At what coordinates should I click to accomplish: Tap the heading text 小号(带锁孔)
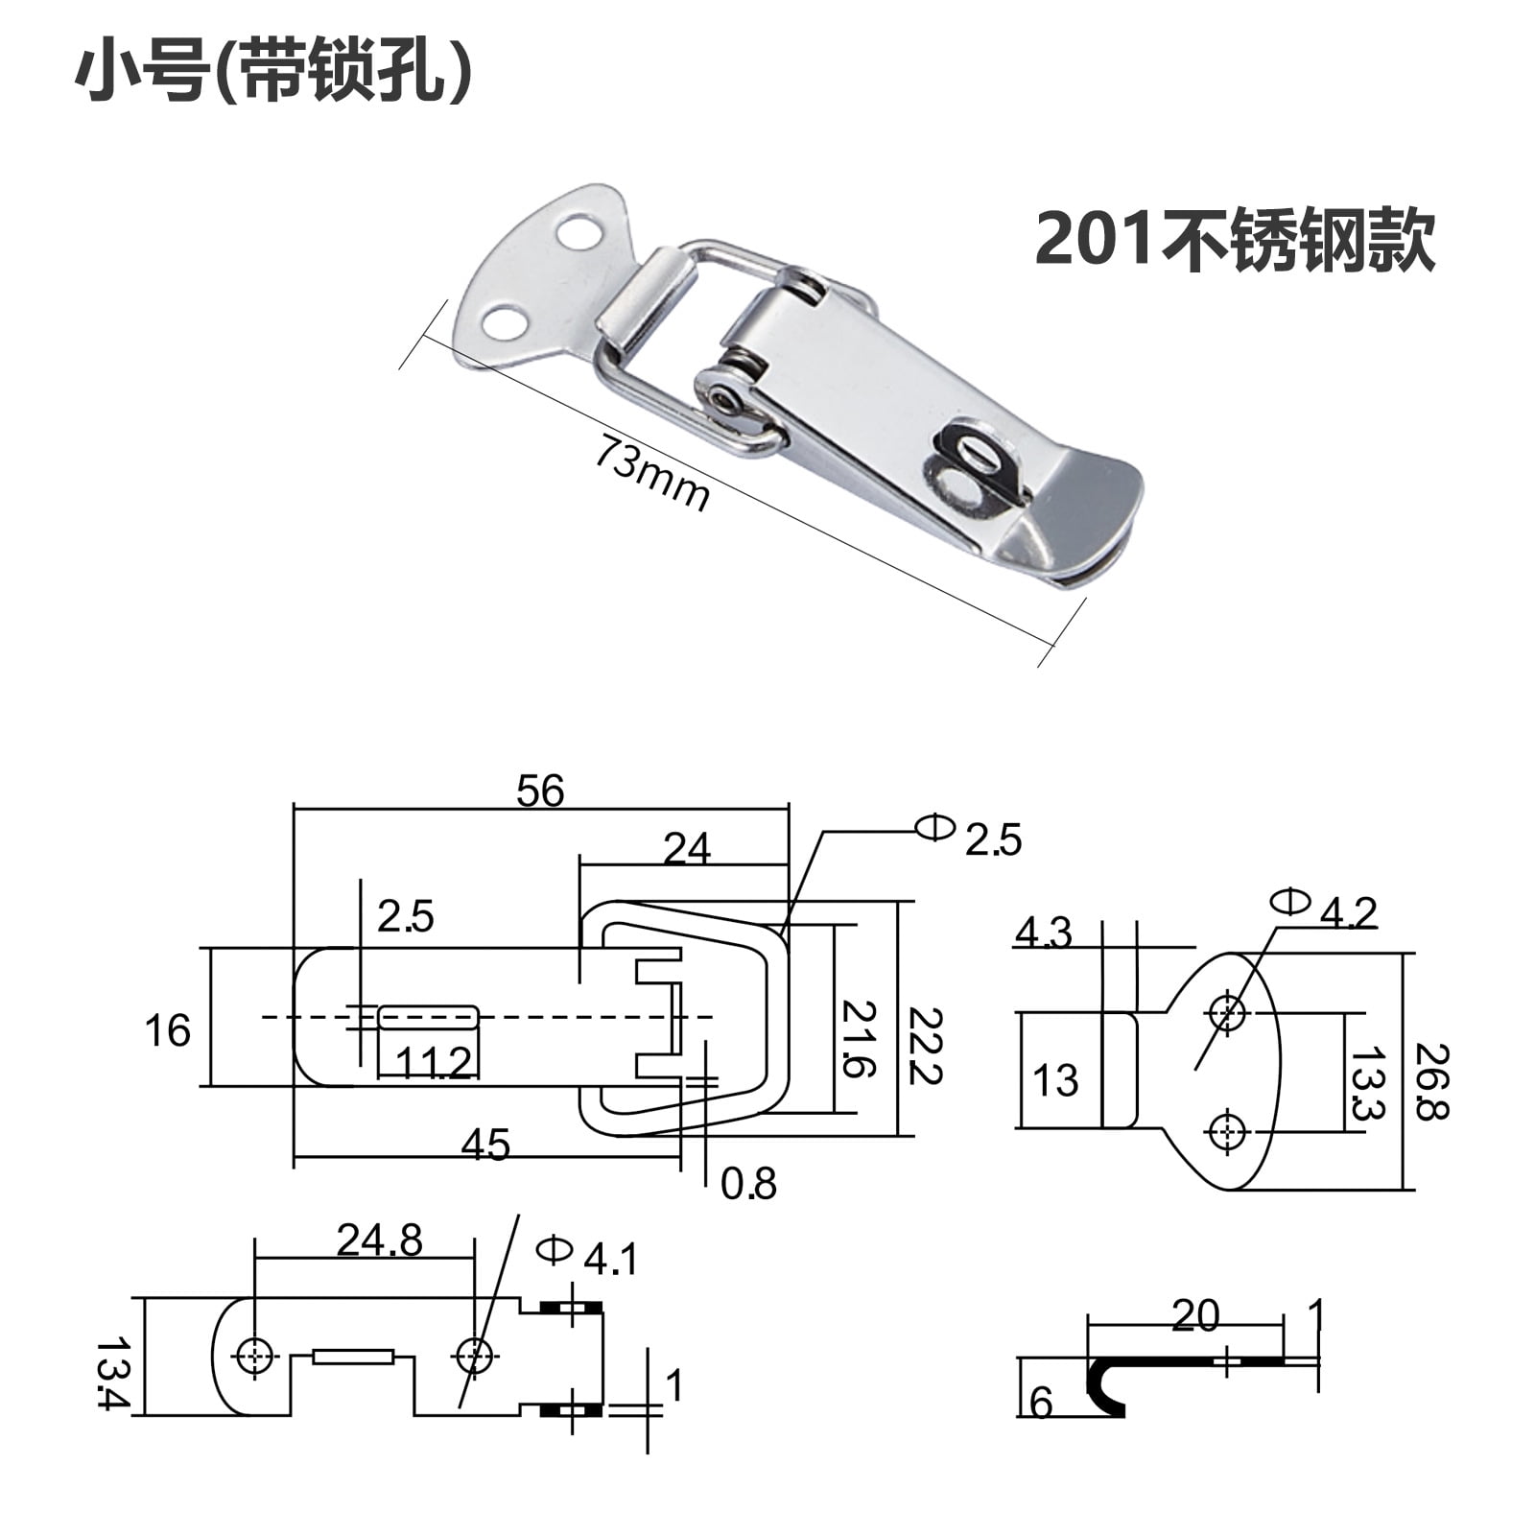pos(273,73)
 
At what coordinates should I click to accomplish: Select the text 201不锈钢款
pos(1235,240)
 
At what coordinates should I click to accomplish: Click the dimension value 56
pos(540,791)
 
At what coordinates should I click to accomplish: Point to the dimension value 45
pos(485,1145)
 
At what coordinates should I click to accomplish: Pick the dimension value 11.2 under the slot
pos(434,1063)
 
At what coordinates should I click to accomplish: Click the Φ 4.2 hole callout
pos(1324,908)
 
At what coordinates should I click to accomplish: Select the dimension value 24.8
pos(379,1240)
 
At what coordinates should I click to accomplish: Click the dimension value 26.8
pos(1431,1081)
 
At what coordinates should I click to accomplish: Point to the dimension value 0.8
pos(748,1184)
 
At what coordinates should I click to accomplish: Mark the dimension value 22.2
pos(924,1046)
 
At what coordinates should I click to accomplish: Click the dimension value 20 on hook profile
pos(1194,1315)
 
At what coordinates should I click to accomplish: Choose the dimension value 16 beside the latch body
pos(167,1031)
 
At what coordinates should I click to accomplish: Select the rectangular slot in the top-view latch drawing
pos(428,1017)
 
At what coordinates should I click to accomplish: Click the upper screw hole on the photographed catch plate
pos(578,233)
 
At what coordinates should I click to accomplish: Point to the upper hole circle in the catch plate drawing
pos(1227,1011)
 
